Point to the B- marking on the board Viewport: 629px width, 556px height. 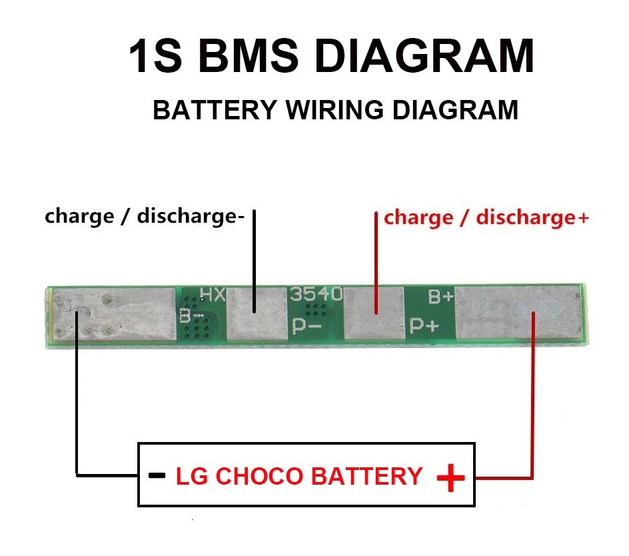point(187,316)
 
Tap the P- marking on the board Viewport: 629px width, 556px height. point(308,327)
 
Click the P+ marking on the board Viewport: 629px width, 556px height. point(424,326)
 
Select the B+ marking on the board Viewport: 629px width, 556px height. point(440,297)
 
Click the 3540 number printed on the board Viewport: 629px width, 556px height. point(316,293)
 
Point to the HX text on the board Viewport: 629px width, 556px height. point(213,294)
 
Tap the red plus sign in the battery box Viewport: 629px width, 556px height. point(450,477)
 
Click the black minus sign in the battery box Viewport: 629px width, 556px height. point(157,476)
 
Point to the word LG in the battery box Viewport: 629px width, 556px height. point(191,477)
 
